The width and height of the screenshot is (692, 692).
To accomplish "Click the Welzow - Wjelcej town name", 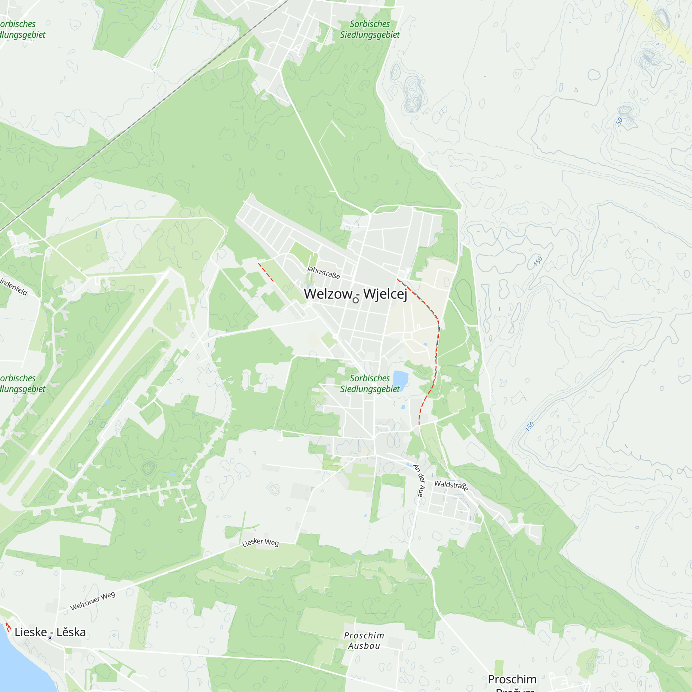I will pyautogui.click(x=355, y=294).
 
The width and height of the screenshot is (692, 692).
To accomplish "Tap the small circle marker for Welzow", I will pyautogui.click(x=356, y=300).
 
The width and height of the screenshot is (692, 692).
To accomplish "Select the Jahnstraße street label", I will pyautogui.click(x=323, y=272).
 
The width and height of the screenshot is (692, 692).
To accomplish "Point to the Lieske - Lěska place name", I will pyautogui.click(x=50, y=632).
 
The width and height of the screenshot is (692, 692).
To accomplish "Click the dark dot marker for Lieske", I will pyautogui.click(x=50, y=638).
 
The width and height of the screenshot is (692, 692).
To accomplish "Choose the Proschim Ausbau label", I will pyautogui.click(x=364, y=640).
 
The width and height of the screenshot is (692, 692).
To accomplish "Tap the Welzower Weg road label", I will pyautogui.click(x=93, y=601).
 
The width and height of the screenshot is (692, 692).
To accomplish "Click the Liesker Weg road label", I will pyautogui.click(x=261, y=542).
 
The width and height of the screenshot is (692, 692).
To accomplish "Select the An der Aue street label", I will pyautogui.click(x=418, y=480).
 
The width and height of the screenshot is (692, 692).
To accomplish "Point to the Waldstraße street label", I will pyautogui.click(x=451, y=485).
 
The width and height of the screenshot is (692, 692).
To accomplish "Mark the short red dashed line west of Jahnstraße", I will pyautogui.click(x=266, y=273).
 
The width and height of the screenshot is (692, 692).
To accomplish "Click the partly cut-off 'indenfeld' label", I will pyautogui.click(x=13, y=286).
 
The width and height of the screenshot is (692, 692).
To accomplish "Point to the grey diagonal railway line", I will pyautogui.click(x=143, y=115).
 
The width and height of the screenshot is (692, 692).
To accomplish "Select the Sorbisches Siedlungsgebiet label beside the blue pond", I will pyautogui.click(x=370, y=383).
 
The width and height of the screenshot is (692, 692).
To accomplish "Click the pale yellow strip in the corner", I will pyautogui.click(x=666, y=32).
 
